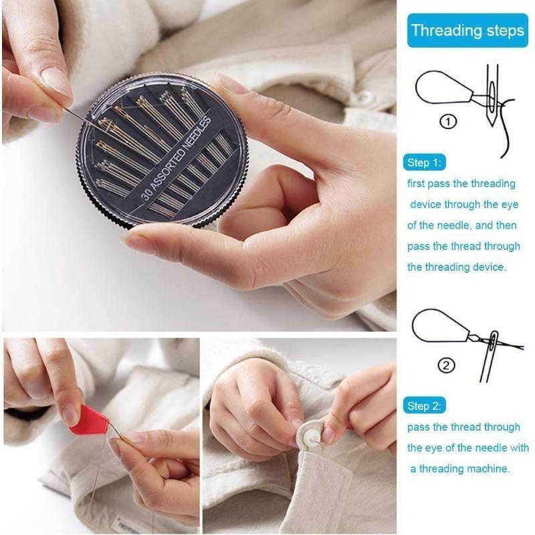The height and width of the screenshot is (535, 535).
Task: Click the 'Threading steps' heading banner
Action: pyautogui.click(x=467, y=30)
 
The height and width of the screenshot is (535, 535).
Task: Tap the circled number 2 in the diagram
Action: pyautogui.click(x=446, y=365)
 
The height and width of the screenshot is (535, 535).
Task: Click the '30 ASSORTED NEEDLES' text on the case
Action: pyautogui.click(x=177, y=160)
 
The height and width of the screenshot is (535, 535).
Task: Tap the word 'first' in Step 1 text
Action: pyautogui.click(x=419, y=184)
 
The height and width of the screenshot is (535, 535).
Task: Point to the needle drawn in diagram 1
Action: pyautogui.click(x=493, y=97)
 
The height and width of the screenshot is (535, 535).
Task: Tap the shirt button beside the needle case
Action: pyautogui.click(x=364, y=99)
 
